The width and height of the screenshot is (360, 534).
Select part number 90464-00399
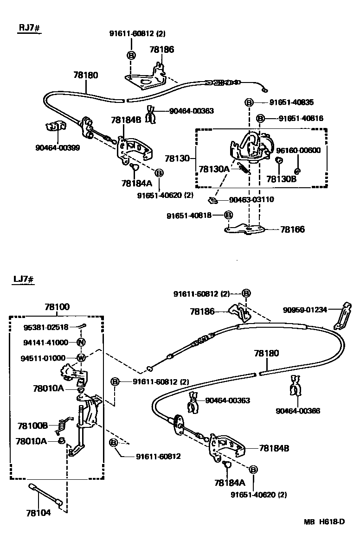pyautogui.click(x=57, y=148)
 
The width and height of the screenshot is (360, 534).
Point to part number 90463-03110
pyautogui.click(x=251, y=200)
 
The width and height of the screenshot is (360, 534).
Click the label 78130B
pyautogui.click(x=281, y=178)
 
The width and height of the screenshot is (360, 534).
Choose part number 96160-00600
pyautogui.click(x=298, y=150)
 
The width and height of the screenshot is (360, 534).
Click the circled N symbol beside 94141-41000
pyautogui.click(x=80, y=343)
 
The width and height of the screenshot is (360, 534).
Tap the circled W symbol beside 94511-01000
pyautogui.click(x=80, y=358)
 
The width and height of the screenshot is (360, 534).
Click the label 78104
pyautogui.click(x=39, y=513)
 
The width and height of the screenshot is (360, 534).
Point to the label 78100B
pyautogui.click(x=33, y=426)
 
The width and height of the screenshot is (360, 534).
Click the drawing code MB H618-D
pyautogui.click(x=324, y=522)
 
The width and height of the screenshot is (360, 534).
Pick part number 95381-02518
pyautogui.click(x=46, y=327)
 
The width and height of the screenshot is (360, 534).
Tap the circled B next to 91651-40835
pyautogui.click(x=249, y=102)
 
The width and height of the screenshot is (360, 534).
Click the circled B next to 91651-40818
pyautogui.click(x=228, y=215)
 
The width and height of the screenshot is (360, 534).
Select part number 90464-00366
pyautogui.click(x=297, y=411)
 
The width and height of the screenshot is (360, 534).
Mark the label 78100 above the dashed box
pyautogui.click(x=57, y=307)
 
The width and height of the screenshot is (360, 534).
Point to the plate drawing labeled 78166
pyautogui.click(x=246, y=229)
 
